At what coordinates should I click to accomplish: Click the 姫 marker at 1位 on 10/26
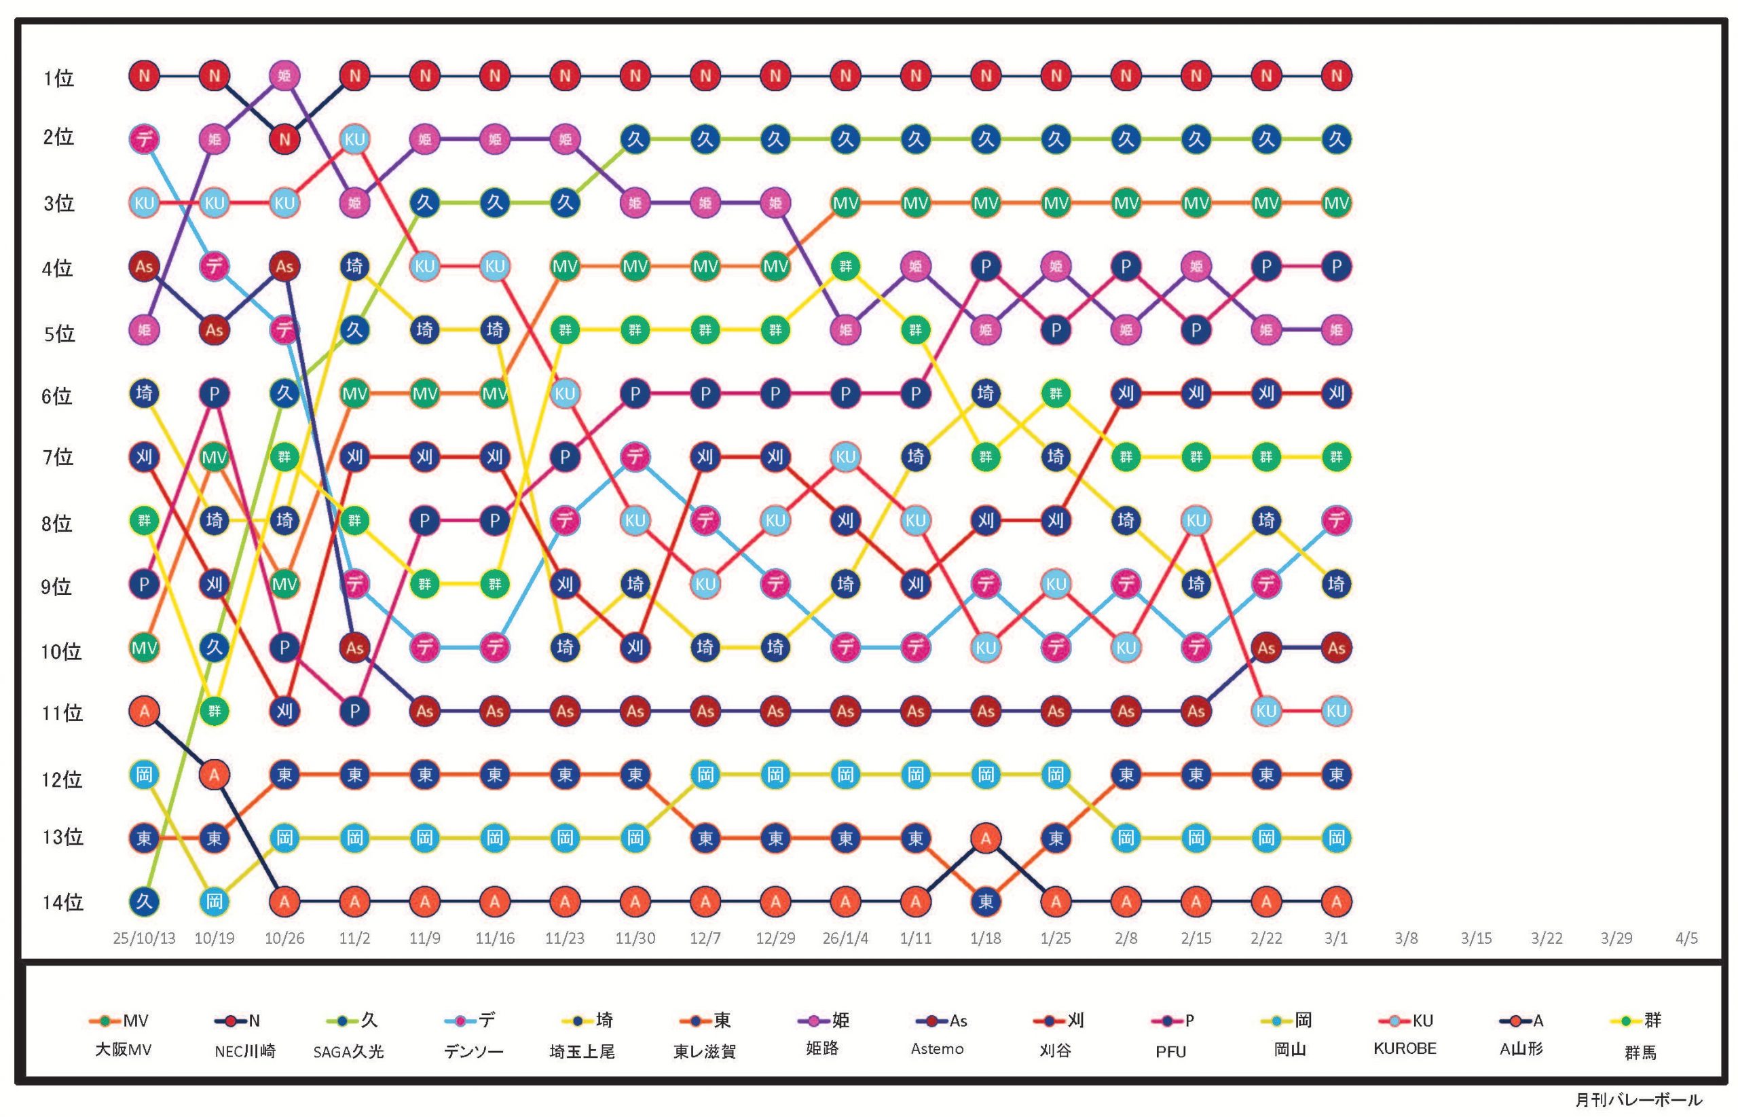[284, 75]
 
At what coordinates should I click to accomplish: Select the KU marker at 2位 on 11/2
[354, 139]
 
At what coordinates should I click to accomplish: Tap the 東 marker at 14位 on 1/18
[985, 902]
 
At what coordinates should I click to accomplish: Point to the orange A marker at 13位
[985, 839]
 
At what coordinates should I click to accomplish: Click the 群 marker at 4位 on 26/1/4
[845, 266]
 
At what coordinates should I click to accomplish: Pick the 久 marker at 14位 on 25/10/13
[145, 902]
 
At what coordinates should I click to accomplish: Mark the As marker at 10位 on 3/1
[1335, 648]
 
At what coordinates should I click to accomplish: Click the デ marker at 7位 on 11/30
[635, 457]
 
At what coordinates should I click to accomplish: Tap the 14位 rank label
[62, 902]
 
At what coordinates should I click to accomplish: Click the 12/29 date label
[775, 938]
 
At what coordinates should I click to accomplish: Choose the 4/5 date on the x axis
[1686, 938]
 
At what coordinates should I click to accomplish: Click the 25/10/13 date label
[145, 938]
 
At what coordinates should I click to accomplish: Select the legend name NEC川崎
[245, 1051]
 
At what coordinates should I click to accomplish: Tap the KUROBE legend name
[1405, 1049]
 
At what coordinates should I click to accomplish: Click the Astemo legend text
[938, 1049]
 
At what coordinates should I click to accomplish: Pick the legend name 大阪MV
[124, 1050]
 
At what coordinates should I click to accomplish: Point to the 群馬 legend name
[1640, 1052]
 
